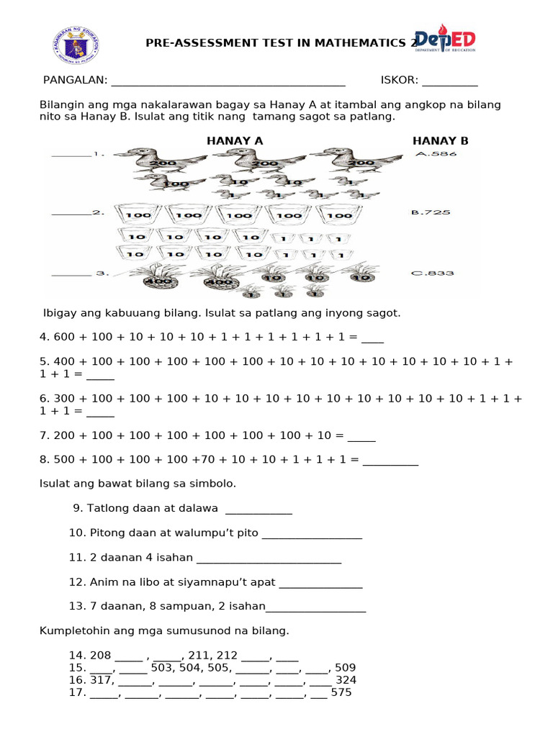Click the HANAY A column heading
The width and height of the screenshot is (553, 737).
235,141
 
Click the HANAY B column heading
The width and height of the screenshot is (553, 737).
440,141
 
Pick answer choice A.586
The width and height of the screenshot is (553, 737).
436,153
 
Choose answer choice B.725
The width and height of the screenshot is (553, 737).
431,212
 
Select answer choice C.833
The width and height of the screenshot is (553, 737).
432,273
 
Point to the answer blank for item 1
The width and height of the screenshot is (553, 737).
71,153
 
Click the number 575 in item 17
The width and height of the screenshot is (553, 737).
341,692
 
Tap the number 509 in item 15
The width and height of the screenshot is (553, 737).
345,667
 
